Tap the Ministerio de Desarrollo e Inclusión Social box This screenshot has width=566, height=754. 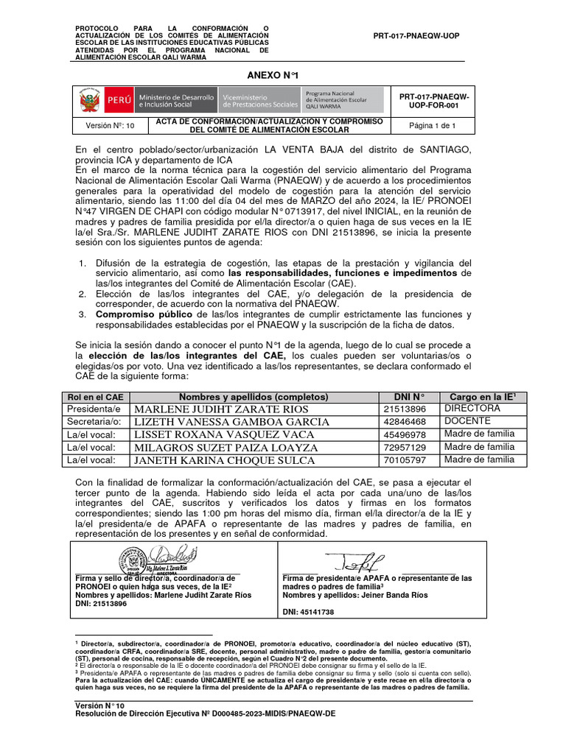point(175,100)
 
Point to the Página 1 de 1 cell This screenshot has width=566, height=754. point(433,126)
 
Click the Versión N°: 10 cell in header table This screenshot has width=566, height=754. point(110,126)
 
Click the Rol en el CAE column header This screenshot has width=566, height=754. point(95,397)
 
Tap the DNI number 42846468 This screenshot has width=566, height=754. point(404,422)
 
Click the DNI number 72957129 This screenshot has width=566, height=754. point(404,448)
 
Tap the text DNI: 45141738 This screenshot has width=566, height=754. point(308,612)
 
